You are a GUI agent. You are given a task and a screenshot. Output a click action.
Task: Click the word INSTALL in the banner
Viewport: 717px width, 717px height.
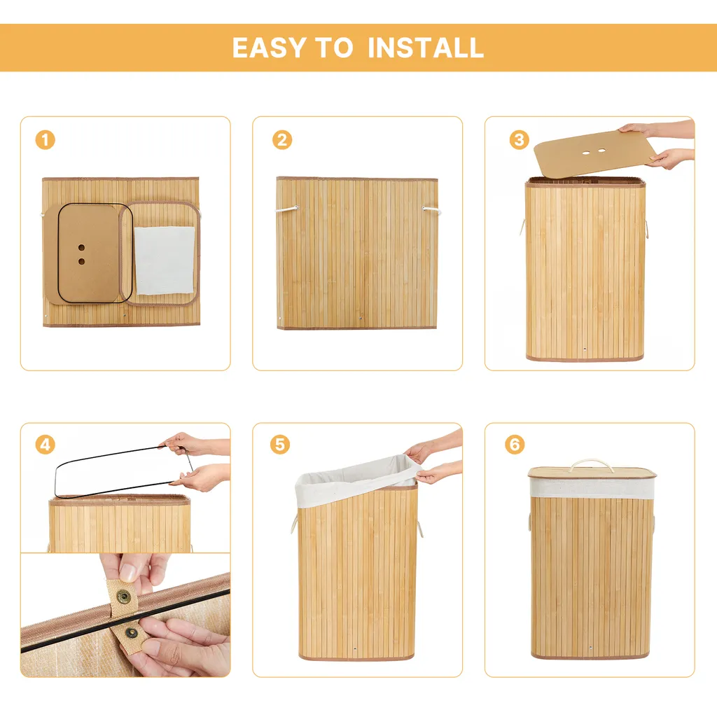coord(426,48)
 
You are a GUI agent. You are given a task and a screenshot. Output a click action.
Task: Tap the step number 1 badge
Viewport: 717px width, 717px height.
coord(46,140)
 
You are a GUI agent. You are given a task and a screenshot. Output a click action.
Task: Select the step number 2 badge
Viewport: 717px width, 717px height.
coord(282,140)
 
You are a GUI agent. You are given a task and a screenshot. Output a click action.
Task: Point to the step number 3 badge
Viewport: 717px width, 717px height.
coord(519,140)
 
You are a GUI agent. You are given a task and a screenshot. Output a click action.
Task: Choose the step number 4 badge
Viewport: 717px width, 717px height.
coord(46,445)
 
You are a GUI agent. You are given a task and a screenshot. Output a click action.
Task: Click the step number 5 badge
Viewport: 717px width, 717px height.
coord(280,445)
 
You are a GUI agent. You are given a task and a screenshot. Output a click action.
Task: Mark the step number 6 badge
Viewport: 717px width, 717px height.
coord(515,445)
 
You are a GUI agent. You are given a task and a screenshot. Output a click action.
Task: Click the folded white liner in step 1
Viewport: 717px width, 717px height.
coord(165,260)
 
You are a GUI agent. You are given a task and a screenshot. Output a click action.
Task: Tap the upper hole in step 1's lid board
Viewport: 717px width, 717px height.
coord(81,247)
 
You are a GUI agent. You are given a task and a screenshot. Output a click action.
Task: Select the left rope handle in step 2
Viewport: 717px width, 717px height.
coord(286,209)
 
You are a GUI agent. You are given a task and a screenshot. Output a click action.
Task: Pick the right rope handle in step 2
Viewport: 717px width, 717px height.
coord(430,209)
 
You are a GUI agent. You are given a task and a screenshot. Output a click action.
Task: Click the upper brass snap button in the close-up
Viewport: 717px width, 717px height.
coord(123,596)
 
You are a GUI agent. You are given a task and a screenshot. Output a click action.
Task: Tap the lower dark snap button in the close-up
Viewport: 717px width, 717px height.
coord(132,633)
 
